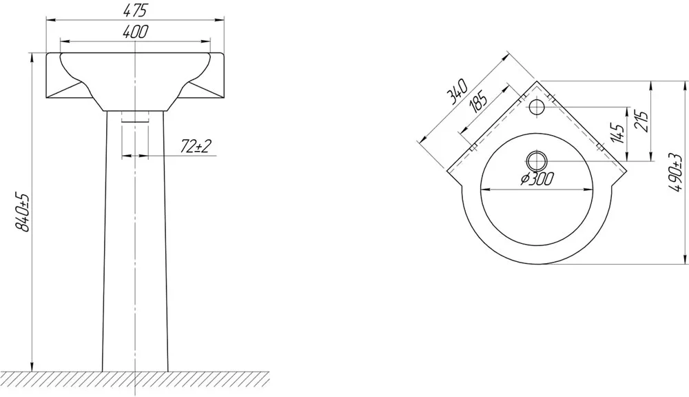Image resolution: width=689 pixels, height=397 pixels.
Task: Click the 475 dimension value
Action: (135, 10)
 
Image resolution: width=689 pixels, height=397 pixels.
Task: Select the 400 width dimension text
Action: (136, 32)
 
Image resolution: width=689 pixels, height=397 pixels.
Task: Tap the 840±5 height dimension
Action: (22, 212)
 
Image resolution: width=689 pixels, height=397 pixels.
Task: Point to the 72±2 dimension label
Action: (196, 146)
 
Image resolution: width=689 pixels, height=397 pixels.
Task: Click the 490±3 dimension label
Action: (675, 173)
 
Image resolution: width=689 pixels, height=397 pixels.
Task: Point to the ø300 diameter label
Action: (537, 179)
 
